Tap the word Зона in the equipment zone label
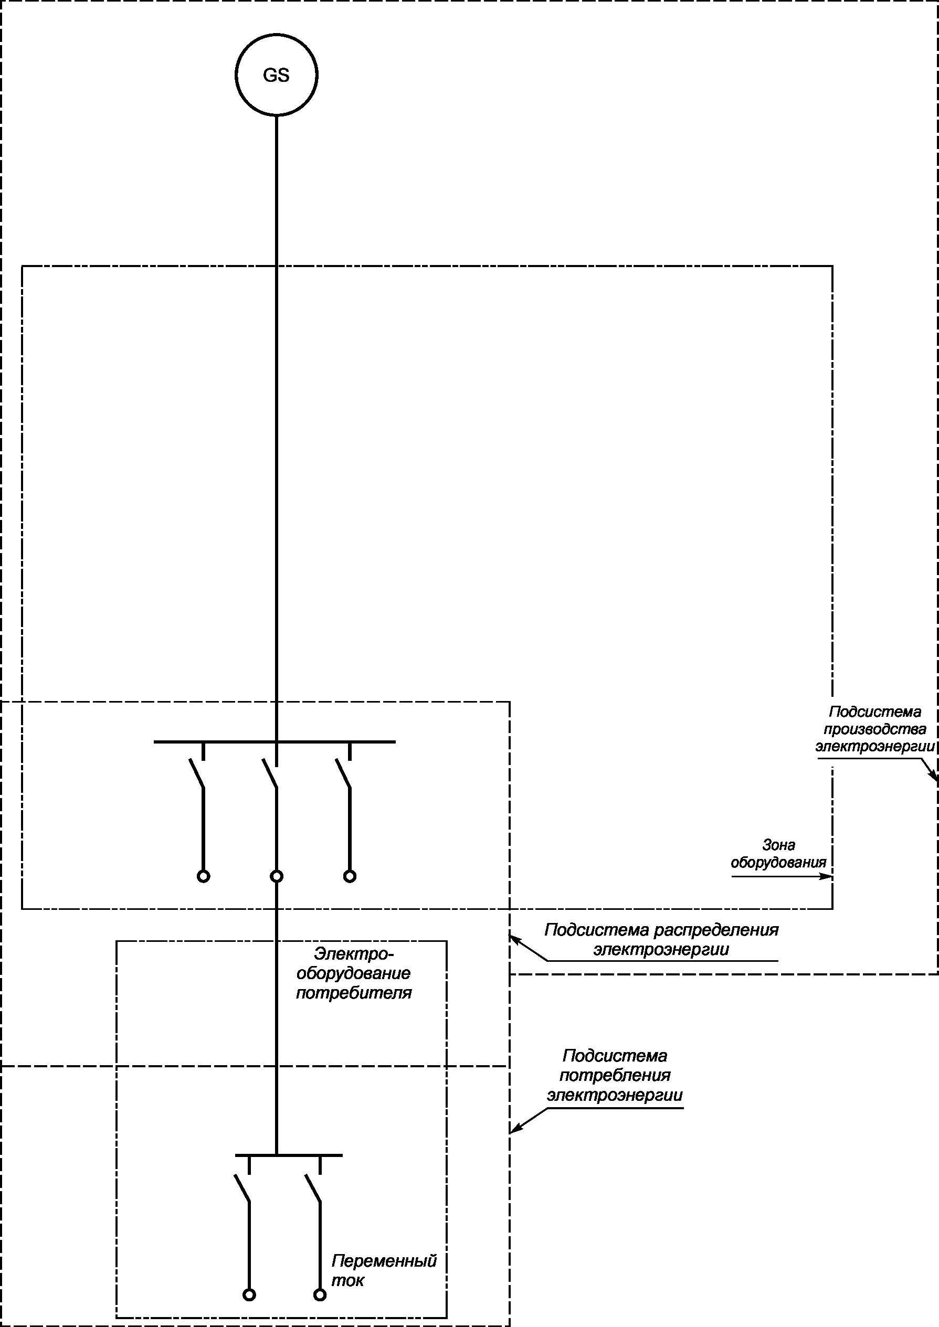coord(778,845)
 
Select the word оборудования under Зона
coord(778,863)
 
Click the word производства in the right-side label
coord(874,729)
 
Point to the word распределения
coord(717,930)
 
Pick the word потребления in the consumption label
coord(615,1076)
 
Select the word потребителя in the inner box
coord(354,993)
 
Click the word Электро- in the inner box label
coord(354,953)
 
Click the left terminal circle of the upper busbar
coord(204,876)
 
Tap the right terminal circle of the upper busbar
coord(350,876)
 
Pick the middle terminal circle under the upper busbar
coord(277,876)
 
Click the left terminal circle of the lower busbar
coord(249,1294)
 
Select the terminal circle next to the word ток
coord(320,1294)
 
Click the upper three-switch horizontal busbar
coord(275,741)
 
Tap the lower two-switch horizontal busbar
coord(289,1155)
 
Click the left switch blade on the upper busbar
coord(197,773)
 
